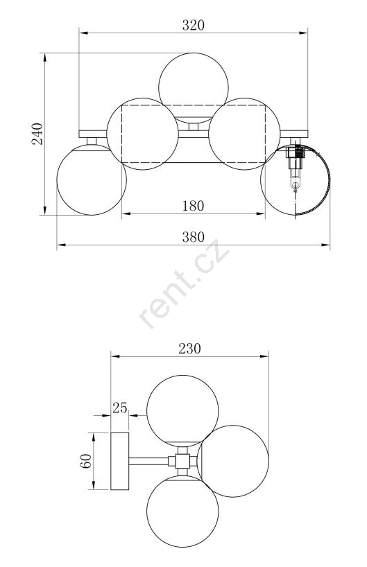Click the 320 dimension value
click(194, 25)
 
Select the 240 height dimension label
click(37, 134)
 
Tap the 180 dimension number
click(194, 206)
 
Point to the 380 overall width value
click(194, 237)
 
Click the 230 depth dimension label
click(189, 348)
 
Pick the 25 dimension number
click(120, 408)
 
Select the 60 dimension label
click(85, 461)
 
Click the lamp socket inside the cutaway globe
click(296, 166)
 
